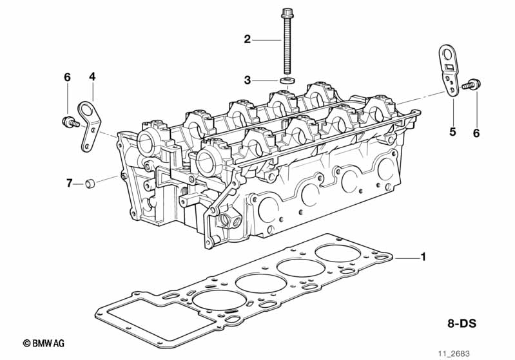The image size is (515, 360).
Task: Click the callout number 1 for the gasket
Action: coord(423,258)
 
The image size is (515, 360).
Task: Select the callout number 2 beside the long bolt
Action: coord(247,40)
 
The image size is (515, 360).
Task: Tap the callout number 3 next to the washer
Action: coord(247,81)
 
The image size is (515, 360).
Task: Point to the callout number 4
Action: coord(92,77)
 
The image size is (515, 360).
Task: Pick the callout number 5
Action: coord(452,132)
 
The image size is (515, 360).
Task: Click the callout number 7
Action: coord(69,184)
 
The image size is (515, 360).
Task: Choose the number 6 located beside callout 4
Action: coord(67,77)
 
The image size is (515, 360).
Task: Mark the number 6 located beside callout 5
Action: coord(476,133)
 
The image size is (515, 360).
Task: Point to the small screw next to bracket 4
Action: coord(68,120)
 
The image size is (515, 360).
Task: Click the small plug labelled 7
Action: coord(92,184)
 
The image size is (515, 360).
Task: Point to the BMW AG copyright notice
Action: coord(44,345)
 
